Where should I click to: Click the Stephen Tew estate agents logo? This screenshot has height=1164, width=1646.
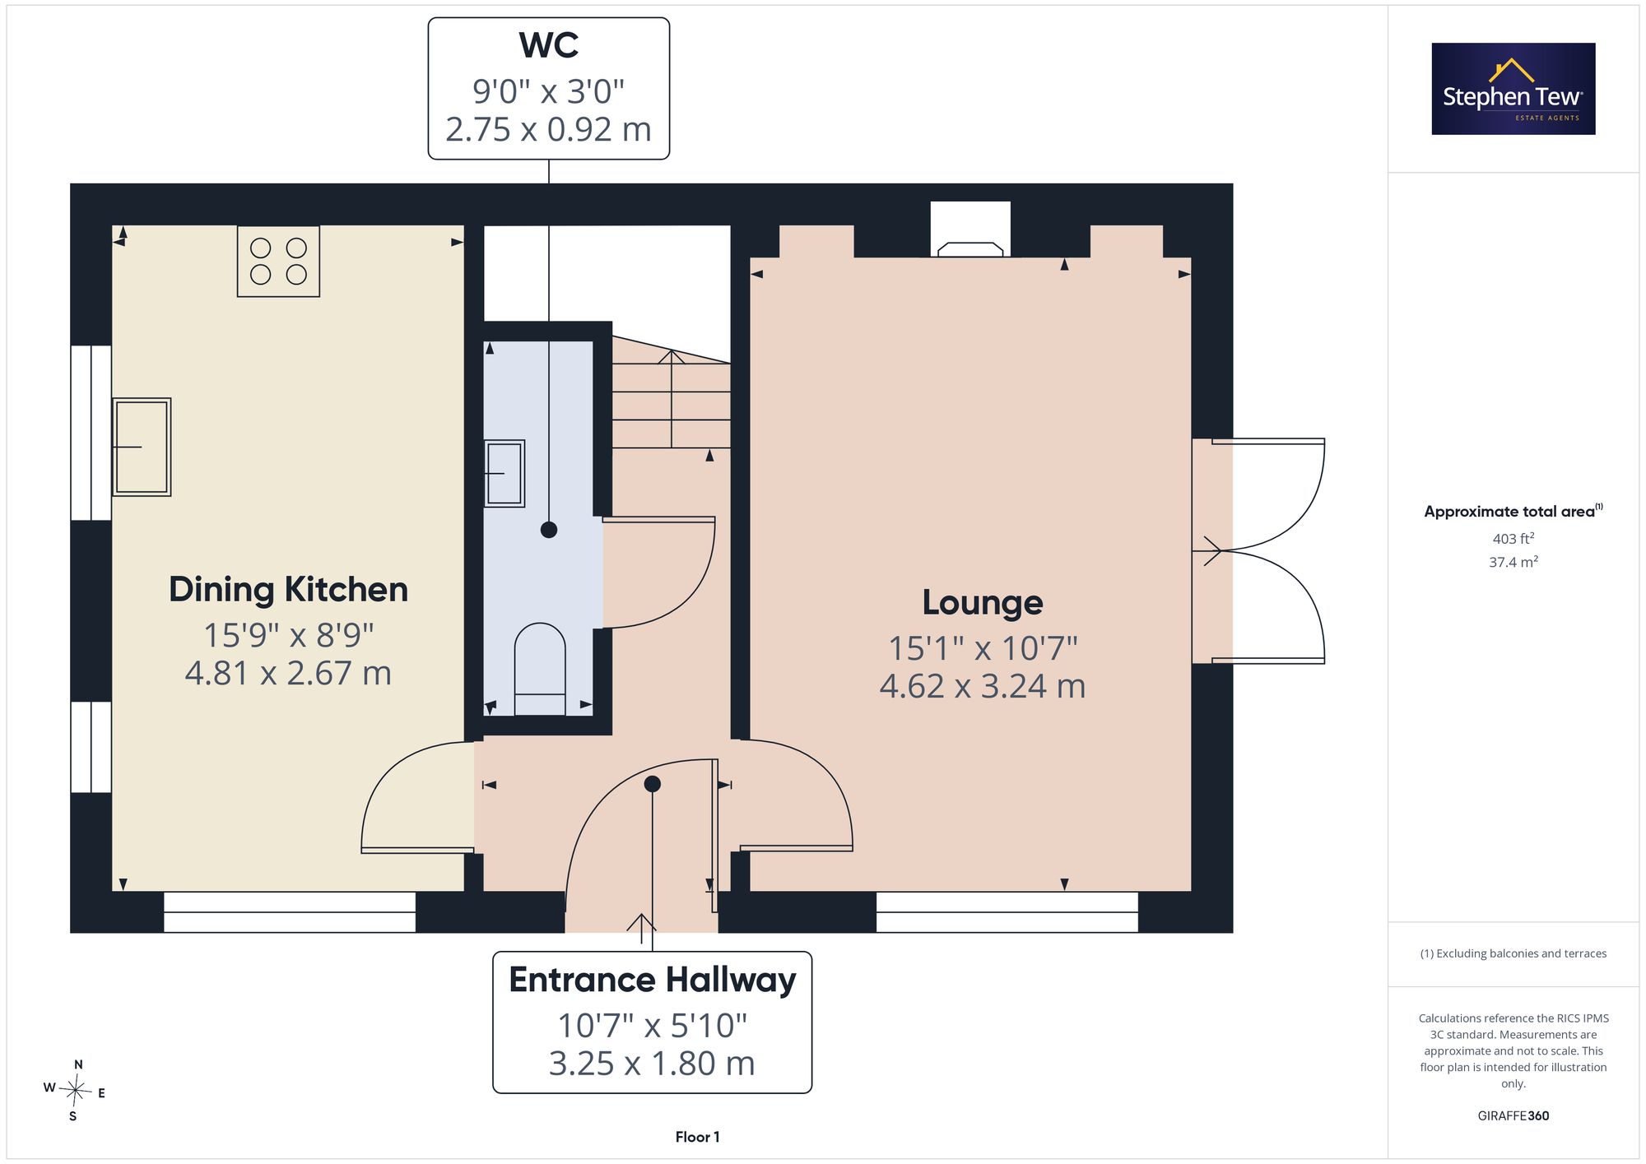click(1513, 89)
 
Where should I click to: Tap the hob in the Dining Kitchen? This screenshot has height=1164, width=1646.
click(278, 261)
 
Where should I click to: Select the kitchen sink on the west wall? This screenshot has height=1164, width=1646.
click(142, 447)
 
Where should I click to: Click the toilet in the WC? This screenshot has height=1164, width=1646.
click(540, 669)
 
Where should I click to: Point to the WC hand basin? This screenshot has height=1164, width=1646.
click(504, 473)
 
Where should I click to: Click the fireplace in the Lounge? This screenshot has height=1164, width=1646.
click(971, 230)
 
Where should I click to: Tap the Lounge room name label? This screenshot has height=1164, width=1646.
click(983, 603)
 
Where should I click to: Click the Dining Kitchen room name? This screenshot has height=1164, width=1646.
click(288, 590)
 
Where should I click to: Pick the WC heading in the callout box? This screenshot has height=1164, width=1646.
click(549, 45)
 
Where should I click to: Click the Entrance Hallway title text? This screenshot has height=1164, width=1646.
click(653, 981)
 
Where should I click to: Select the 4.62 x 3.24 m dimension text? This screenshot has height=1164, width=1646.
click(983, 686)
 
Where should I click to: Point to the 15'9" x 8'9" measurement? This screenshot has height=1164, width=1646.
click(288, 635)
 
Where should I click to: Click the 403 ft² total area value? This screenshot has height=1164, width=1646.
click(1513, 538)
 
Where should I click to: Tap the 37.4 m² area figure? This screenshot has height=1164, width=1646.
click(1513, 562)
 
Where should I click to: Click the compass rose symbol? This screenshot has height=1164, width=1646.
click(75, 1092)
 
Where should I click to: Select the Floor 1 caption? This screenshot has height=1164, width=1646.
click(697, 1137)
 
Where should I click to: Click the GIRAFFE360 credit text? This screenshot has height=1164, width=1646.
click(1513, 1116)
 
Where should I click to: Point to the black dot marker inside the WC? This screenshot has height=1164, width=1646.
click(549, 530)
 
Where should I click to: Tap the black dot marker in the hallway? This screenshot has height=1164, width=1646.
click(653, 784)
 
